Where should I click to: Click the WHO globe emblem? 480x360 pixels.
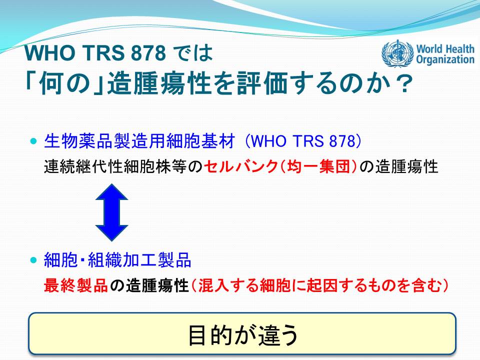coord(397,53)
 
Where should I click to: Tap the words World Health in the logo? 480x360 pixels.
coord(445,48)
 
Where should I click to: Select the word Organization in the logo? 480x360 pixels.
coord(445,59)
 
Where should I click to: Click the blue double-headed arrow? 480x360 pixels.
coord(111,212)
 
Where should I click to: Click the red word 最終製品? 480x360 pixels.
coord(75,285)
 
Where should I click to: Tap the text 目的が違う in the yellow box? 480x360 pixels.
coord(243,335)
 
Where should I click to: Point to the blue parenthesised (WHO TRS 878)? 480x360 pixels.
coord(303,141)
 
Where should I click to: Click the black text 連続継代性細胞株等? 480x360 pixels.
coord(115,167)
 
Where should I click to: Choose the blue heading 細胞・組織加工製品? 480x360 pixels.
coord(117,260)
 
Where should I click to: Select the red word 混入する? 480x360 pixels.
coord(228,285)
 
